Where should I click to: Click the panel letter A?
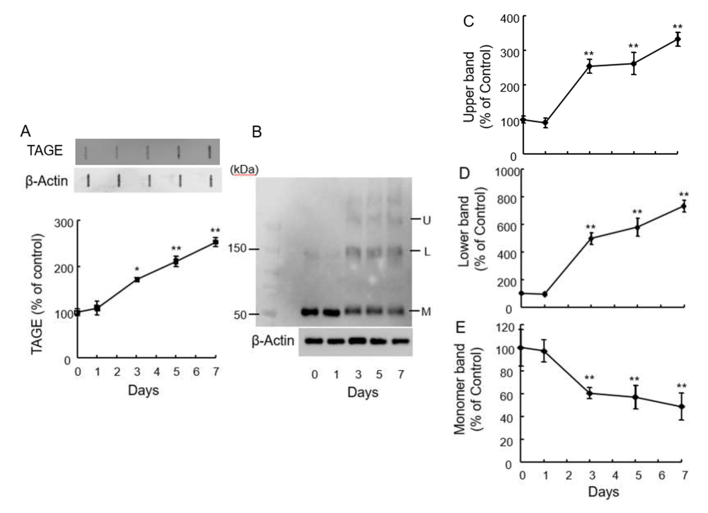(26, 131)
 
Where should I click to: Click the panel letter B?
(257, 132)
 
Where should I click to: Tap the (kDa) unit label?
(244, 170)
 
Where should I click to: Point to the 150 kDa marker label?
(237, 249)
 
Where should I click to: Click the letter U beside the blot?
(427, 221)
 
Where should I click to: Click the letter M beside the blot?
(426, 311)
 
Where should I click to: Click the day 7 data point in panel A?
(215, 242)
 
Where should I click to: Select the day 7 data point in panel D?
(684, 206)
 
